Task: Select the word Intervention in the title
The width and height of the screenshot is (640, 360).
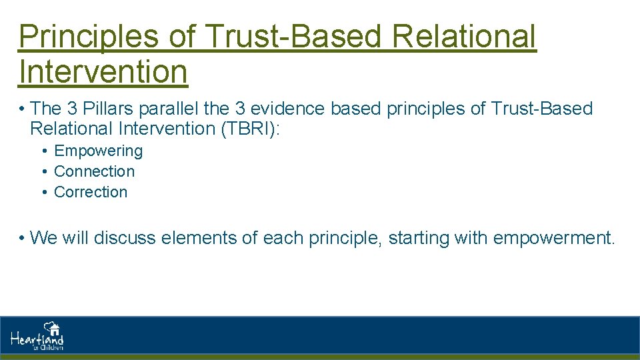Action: pyautogui.click(x=103, y=72)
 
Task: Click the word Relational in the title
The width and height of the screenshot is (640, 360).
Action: pyautogui.click(x=464, y=37)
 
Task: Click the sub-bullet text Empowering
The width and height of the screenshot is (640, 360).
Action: pyautogui.click(x=98, y=151)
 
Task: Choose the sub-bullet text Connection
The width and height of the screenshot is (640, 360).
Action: pyautogui.click(x=94, y=171)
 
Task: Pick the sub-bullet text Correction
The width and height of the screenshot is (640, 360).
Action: pyautogui.click(x=90, y=192)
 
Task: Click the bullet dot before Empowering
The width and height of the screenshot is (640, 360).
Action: pyautogui.click(x=44, y=151)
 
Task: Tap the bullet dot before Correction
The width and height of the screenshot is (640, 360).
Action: pyautogui.click(x=44, y=192)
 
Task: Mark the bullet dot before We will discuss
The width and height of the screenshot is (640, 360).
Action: pyautogui.click(x=23, y=237)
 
